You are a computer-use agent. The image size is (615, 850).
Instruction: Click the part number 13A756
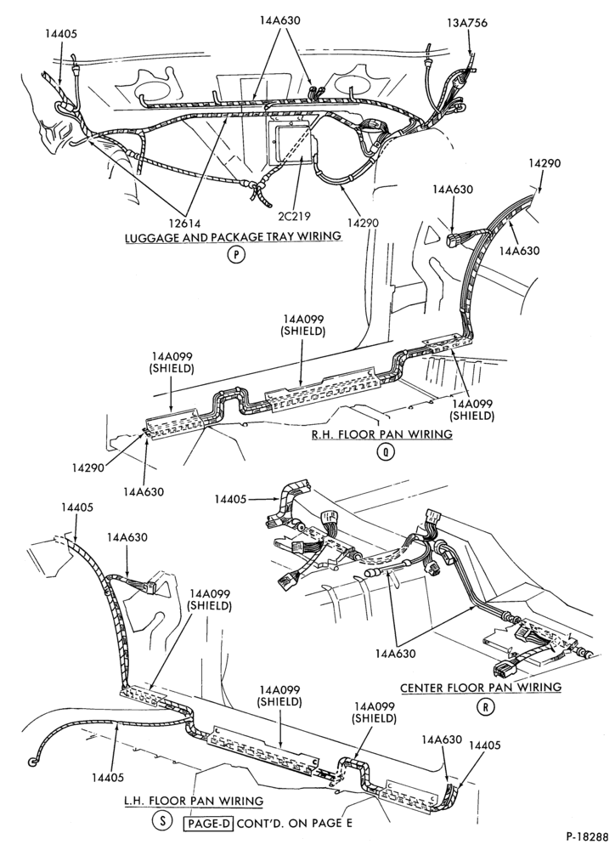[467, 23]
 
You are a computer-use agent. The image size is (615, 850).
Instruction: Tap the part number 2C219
[294, 216]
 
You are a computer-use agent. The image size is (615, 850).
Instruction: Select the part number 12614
[183, 223]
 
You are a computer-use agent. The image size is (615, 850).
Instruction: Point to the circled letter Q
[386, 452]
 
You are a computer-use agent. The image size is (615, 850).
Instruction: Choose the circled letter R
[486, 707]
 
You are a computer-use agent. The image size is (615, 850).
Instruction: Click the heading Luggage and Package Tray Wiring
[233, 236]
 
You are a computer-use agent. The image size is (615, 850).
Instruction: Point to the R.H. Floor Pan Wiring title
[381, 433]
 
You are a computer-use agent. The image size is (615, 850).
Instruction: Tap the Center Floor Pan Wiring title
[481, 688]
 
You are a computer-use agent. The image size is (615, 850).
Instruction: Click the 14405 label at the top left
[61, 34]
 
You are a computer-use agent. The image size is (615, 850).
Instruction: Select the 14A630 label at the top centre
[279, 20]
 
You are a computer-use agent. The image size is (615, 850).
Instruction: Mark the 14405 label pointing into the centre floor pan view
[230, 498]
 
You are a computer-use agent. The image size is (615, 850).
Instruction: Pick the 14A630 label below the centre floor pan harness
[396, 654]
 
